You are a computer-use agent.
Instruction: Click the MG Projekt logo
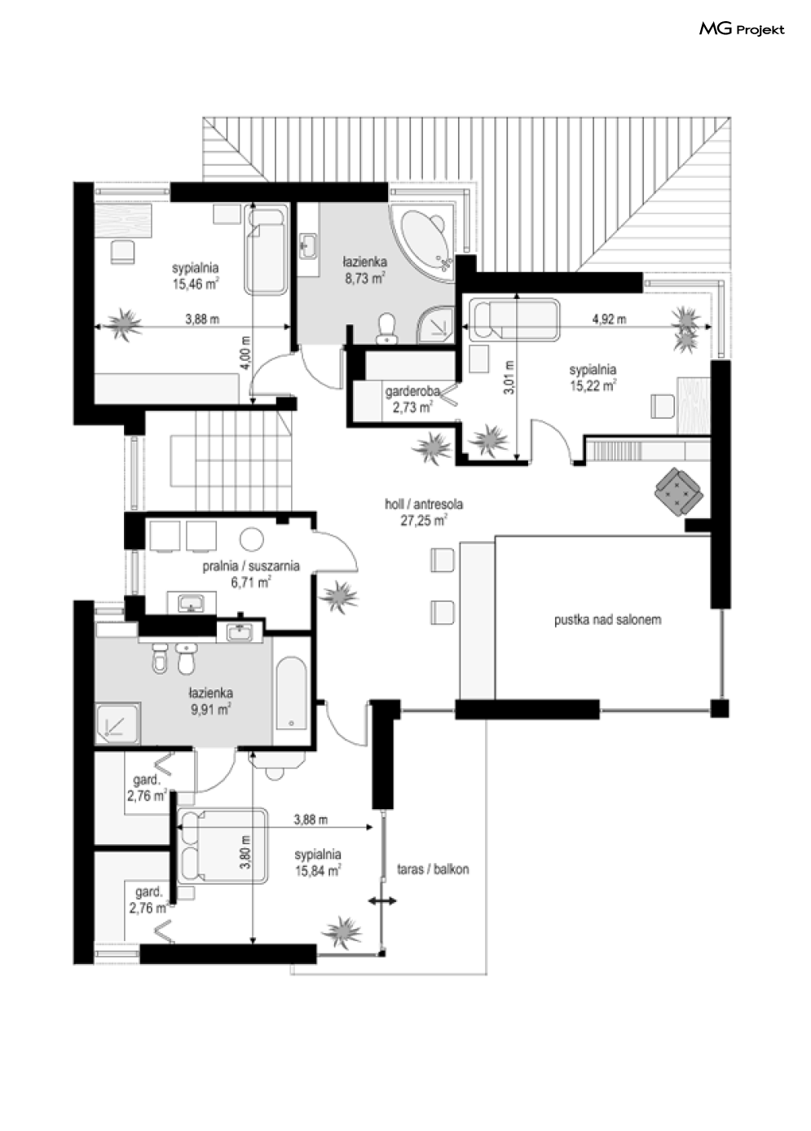742,29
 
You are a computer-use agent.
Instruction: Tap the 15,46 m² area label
196,284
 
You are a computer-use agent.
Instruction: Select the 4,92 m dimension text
609,319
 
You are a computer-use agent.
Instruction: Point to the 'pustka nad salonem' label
607,620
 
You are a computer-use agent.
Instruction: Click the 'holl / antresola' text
424,504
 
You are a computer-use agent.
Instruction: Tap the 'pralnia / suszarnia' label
251,566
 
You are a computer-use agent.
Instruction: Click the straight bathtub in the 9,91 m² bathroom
291,693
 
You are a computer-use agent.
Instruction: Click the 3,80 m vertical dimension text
245,852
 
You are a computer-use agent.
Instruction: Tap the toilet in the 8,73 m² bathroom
387,328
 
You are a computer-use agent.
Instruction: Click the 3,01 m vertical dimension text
509,377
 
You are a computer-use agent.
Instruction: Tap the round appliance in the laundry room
252,539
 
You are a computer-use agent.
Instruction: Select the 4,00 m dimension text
245,353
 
